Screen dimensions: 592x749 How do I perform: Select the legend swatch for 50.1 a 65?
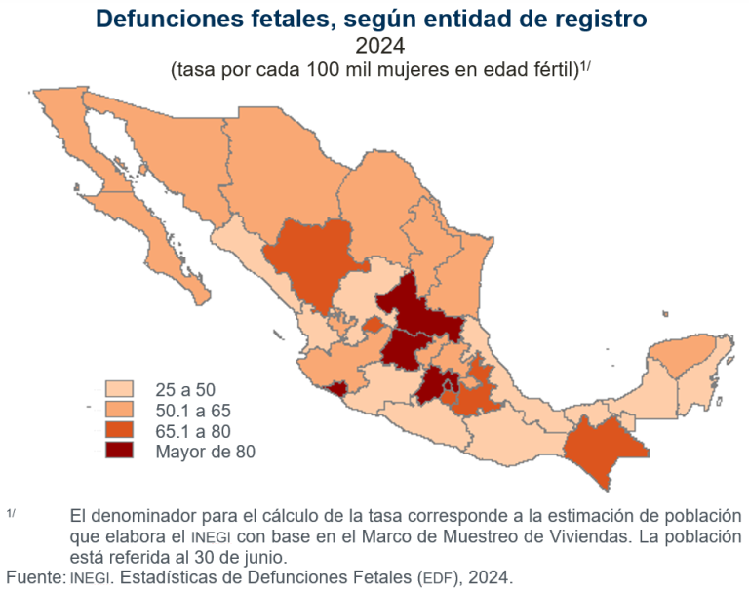pos(122,410)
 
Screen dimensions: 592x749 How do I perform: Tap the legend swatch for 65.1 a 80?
pos(122,430)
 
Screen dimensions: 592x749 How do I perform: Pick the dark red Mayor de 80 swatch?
pos(122,450)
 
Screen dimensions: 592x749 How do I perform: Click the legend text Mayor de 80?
pos(205,451)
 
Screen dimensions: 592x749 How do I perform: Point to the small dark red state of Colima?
pos(337,390)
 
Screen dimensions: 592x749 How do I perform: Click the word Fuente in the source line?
pos(34,576)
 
